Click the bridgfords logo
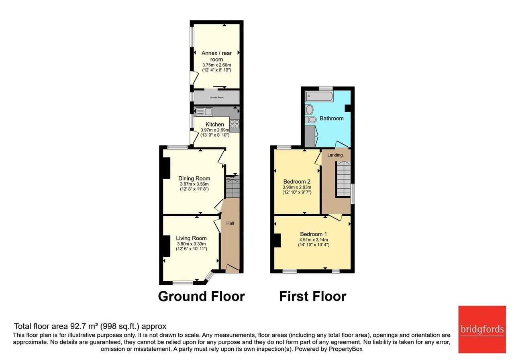point(482,329)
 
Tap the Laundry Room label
point(216,98)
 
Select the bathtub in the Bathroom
point(319,96)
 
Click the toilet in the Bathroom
point(311,119)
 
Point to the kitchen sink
point(204,112)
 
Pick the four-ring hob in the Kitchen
point(235,124)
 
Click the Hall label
point(230,223)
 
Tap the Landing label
point(335,155)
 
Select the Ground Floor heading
point(202,297)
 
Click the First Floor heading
point(313,297)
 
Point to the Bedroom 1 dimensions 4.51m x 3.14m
point(314,240)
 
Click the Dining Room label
point(194,178)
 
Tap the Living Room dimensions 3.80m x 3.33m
point(192,244)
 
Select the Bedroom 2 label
point(297,182)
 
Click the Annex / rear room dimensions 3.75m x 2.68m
point(216,65)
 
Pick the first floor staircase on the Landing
point(343,179)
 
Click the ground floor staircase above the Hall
point(233,186)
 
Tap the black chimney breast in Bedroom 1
point(277,240)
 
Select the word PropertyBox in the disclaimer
point(346,349)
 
